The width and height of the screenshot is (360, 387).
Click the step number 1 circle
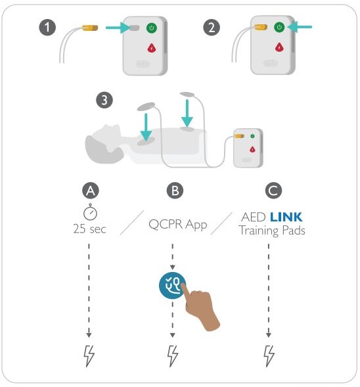tap(47, 28)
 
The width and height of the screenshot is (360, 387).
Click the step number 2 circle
tap(211, 28)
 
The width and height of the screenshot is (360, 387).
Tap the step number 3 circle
tap(103, 101)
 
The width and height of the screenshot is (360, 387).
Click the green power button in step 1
tap(152, 28)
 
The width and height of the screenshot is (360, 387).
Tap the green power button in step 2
tap(279, 28)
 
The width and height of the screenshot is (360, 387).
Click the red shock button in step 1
tap(152, 47)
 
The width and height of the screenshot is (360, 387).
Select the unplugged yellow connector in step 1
tap(89, 28)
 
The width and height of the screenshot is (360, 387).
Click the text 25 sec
tap(89, 229)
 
